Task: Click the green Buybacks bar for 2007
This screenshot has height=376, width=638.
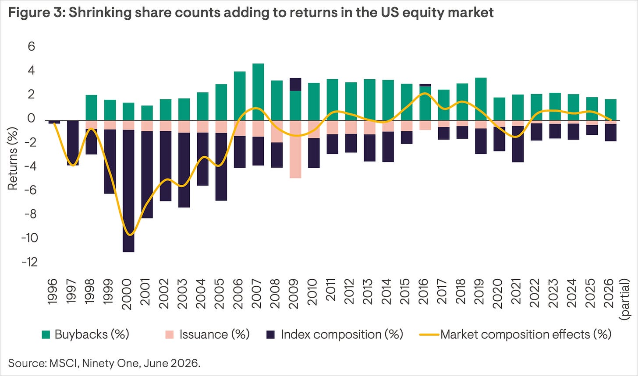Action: tap(258, 92)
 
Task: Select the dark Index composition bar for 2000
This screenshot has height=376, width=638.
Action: tap(128, 191)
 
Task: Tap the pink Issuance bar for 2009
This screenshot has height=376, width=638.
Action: tap(295, 149)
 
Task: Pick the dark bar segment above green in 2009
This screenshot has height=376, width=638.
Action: tap(295, 84)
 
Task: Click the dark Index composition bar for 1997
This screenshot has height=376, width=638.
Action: tap(73, 143)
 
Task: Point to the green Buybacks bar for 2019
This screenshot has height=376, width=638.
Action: tap(481, 99)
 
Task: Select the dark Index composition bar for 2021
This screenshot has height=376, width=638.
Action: tap(518, 144)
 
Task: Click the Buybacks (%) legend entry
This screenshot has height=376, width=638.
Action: tap(85, 334)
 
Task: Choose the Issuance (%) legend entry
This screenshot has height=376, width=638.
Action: tap(208, 334)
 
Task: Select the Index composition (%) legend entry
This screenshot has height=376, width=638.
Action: tap(335, 334)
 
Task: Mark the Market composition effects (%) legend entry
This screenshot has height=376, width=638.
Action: tap(516, 334)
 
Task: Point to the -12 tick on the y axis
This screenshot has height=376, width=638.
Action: tap(30, 262)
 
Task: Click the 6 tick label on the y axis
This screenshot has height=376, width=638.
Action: tap(32, 46)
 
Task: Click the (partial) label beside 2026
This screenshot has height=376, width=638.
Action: tap(625, 299)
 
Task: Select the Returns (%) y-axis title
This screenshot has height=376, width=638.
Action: tap(13, 158)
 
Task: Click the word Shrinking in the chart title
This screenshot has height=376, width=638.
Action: tap(100, 13)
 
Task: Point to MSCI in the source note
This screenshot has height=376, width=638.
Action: tap(64, 363)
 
